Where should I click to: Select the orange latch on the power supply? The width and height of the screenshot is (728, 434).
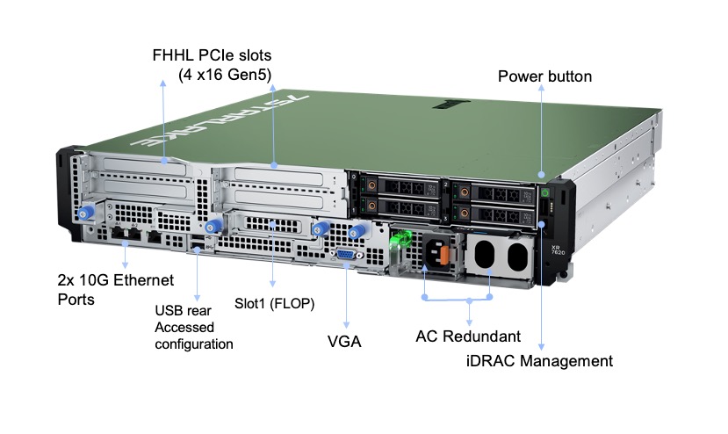(445, 255)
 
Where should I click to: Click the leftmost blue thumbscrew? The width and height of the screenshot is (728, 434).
(86, 214)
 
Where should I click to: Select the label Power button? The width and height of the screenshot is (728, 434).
(544, 77)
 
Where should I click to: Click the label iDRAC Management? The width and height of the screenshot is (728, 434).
(538, 360)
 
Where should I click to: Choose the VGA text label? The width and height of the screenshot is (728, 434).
(343, 341)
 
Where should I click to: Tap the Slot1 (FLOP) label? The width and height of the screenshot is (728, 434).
(275, 304)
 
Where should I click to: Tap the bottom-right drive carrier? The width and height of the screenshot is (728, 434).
(492, 213)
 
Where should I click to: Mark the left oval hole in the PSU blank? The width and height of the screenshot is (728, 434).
(486, 257)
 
